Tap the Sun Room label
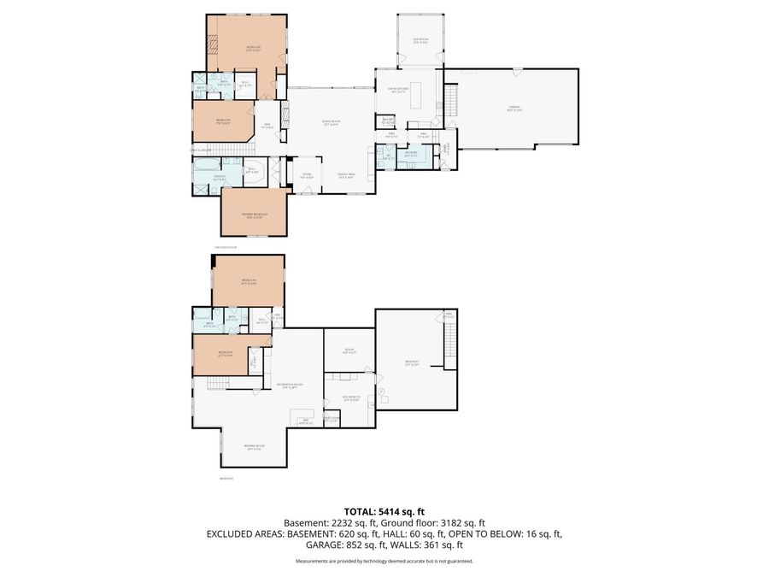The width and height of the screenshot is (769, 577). point(420,41)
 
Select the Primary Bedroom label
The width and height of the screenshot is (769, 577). point(254,215)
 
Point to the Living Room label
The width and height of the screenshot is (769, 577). point(332,123)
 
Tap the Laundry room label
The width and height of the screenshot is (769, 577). point(410,155)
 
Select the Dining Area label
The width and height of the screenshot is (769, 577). point(345,177)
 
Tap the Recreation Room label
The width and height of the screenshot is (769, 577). point(285,386)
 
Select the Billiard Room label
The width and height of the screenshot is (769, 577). point(254,447)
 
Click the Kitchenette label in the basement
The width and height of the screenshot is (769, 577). point(350,398)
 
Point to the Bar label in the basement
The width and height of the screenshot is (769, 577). point(304,421)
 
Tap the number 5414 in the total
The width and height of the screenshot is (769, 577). point(384,511)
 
